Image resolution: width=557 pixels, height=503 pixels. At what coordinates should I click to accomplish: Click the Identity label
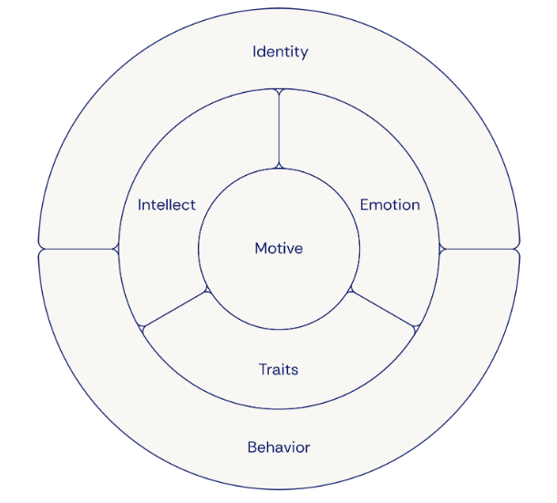point(280,51)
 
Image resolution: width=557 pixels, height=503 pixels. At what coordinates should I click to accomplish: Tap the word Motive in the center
point(279,249)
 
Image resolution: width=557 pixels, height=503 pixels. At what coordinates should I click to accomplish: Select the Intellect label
point(167,204)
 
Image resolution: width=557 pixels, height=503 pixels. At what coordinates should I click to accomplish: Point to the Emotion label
point(390,204)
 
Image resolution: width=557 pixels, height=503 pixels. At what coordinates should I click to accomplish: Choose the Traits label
point(279,370)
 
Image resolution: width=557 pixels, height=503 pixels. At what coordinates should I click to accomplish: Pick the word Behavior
point(279,447)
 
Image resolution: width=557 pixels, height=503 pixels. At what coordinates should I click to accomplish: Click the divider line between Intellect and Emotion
point(279,128)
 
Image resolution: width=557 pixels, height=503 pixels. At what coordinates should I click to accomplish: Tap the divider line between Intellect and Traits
point(174,309)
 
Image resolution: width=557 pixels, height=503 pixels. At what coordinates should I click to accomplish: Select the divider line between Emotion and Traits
point(384,309)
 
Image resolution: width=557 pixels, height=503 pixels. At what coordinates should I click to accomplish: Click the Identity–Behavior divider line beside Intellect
point(78,249)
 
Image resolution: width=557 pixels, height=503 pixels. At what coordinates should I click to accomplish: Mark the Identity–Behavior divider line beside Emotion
point(480,249)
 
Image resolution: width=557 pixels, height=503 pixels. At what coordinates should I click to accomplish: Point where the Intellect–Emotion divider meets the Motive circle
point(279,168)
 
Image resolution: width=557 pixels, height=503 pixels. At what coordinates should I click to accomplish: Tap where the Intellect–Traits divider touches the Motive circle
point(209,290)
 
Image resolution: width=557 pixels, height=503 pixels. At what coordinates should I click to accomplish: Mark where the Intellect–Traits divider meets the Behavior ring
point(140,328)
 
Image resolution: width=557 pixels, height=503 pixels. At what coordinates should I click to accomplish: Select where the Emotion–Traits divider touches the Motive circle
point(349,290)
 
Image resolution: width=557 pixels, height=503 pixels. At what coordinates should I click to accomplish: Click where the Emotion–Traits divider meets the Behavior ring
point(418,328)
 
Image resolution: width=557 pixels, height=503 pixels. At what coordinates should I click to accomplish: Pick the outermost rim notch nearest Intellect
point(39,249)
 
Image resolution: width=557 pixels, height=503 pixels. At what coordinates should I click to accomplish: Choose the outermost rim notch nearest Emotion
point(519,249)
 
